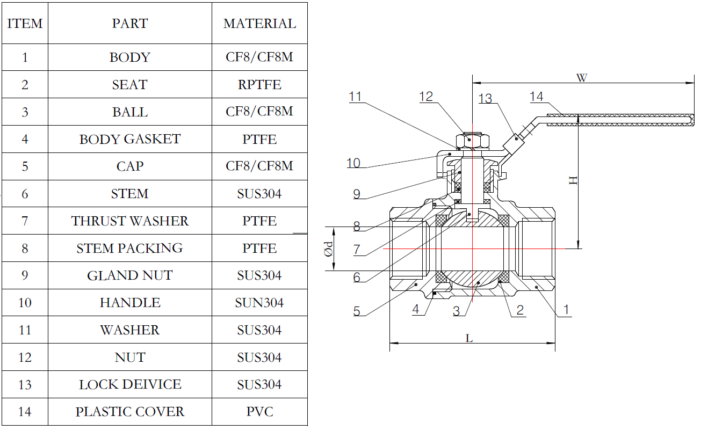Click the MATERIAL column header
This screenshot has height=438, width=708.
259,24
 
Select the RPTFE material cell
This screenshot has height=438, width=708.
259,85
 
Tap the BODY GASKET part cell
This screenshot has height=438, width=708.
130,140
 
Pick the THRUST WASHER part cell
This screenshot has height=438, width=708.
130,221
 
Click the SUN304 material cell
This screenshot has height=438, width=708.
259,303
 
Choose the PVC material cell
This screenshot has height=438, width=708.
259,412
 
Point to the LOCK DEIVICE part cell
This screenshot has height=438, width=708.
130,385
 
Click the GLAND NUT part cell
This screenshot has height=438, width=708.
130,276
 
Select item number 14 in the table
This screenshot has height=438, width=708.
25,412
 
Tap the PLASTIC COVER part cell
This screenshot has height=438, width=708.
130,412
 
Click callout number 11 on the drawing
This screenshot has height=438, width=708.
355,97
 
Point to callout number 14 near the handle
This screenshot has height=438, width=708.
536,97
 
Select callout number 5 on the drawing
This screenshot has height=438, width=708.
357,311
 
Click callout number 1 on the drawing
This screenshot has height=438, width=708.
566,310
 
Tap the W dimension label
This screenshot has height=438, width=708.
582,78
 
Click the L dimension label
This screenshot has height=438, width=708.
469,338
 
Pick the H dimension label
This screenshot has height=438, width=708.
574,180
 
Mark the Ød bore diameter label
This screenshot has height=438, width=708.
329,249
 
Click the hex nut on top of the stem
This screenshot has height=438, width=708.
472,141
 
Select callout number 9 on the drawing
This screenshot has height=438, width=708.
357,194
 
